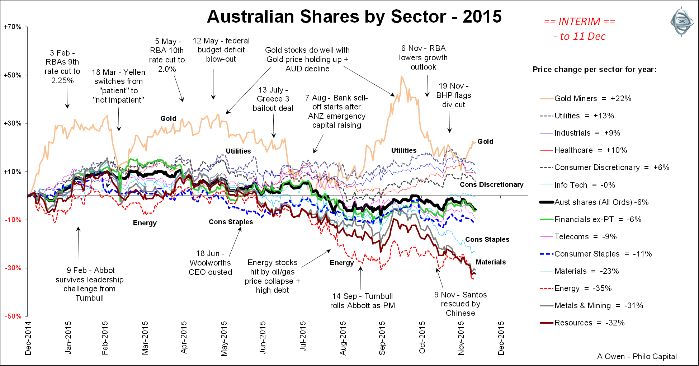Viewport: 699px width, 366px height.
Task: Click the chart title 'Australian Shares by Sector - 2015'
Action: click(354, 17)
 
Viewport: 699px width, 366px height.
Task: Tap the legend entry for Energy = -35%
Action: click(583, 288)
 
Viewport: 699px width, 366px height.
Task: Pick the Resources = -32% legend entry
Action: click(589, 323)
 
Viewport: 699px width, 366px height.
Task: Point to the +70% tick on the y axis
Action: click(13, 27)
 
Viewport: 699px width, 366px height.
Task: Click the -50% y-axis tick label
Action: click(13, 316)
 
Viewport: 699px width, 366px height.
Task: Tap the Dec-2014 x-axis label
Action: click(28, 338)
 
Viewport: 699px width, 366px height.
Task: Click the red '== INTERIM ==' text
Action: click(579, 22)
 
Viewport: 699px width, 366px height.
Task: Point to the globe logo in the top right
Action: click(682, 22)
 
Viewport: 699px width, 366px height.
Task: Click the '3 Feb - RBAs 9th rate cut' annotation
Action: click(62, 67)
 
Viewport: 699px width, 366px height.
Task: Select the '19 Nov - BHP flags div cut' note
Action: click(453, 95)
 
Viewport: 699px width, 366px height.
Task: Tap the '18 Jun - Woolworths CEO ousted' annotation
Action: click(210, 263)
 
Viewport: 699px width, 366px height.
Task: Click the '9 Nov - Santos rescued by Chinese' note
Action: click(461, 304)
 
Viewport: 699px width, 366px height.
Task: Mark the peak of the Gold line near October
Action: click(402, 76)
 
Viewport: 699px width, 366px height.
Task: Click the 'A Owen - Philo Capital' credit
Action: click(637, 356)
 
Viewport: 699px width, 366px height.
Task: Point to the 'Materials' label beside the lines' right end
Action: click(490, 262)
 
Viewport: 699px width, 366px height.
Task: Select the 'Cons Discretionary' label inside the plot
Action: click(491, 185)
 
